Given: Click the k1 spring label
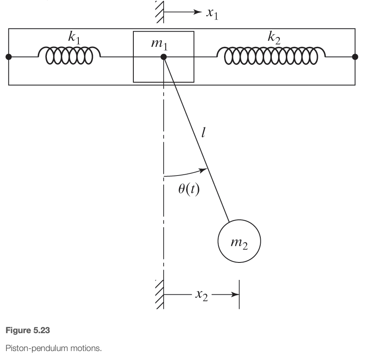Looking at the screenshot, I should (x=74, y=38).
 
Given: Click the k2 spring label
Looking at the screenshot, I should (x=273, y=37).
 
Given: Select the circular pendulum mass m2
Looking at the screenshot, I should (x=239, y=242).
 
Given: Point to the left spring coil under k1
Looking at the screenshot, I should (x=69, y=55).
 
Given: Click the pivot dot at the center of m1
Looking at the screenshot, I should (x=163, y=57).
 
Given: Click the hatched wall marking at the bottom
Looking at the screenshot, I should (x=159, y=294).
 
